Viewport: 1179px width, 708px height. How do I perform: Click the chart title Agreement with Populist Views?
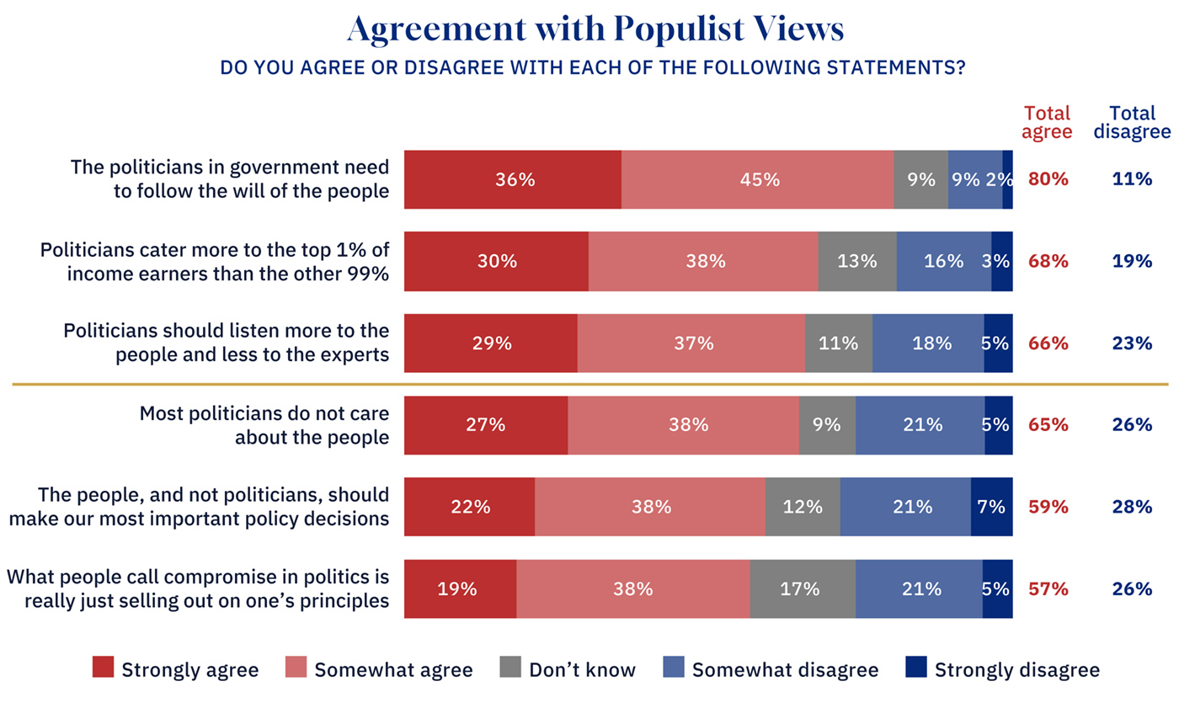(595, 30)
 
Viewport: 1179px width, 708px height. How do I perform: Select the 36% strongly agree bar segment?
(513, 179)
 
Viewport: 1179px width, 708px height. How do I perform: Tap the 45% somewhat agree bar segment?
(757, 179)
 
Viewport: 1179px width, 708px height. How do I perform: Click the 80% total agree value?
(1048, 179)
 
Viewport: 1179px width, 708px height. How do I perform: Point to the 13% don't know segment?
(856, 261)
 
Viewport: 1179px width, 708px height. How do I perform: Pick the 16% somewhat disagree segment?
(943, 261)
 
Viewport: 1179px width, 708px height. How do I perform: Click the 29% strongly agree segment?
(491, 343)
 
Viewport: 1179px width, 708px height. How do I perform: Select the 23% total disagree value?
(1131, 343)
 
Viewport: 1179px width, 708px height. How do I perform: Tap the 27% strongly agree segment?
(486, 425)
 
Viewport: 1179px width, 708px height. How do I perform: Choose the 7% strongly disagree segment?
(991, 507)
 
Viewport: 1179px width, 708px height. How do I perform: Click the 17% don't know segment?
(803, 588)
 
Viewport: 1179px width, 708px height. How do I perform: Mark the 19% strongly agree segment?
(460, 588)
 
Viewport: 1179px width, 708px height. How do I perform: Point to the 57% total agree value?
(1048, 588)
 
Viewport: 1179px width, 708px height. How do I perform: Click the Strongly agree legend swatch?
(102, 668)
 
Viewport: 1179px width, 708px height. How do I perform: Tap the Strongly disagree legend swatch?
(915, 668)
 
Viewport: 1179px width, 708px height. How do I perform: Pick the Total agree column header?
(1048, 122)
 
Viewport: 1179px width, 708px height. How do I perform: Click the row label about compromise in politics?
(198, 588)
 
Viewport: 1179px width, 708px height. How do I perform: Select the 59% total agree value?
(1048, 507)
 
